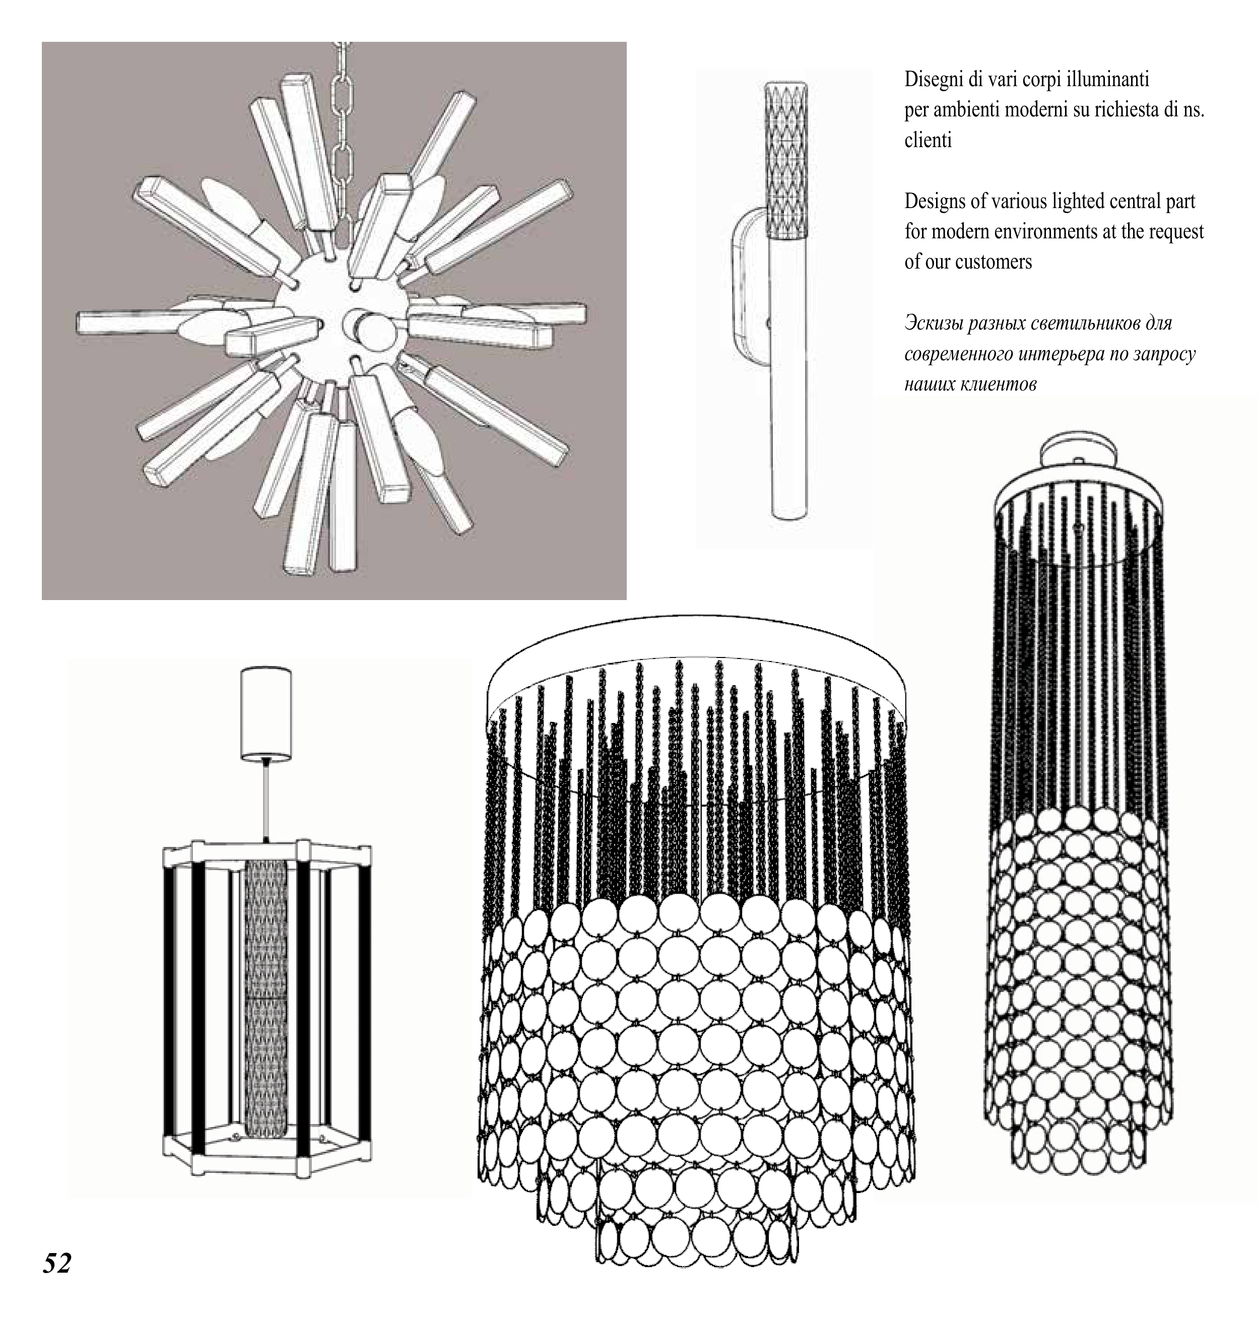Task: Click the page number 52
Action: click(57, 1263)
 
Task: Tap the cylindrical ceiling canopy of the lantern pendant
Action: click(266, 714)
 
